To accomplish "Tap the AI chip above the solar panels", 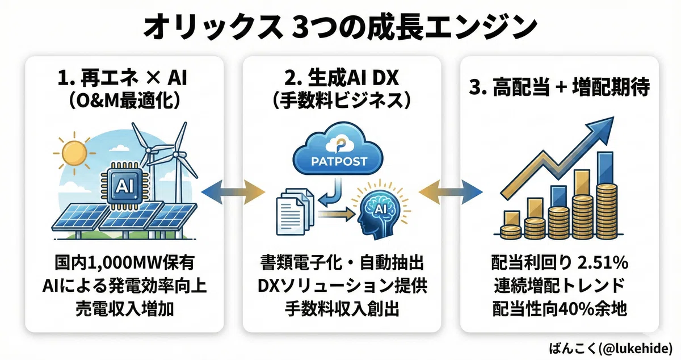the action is coord(125,186).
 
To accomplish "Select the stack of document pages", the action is coord(295,212).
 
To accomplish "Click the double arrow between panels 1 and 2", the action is coord(233,192).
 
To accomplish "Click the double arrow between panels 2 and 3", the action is coord(451,192).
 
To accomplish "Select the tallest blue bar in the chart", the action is coord(605,169).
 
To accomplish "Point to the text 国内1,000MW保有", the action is coord(125,263).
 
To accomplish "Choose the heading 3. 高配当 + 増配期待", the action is coord(560,87).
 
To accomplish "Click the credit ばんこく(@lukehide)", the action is coord(611,348).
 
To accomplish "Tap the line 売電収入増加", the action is coord(125,309).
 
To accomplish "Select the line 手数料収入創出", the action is coord(342,309).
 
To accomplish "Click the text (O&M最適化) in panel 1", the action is coord(125,101).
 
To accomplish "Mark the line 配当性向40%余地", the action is coord(560,309).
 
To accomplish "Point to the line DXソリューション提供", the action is coord(342,286).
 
